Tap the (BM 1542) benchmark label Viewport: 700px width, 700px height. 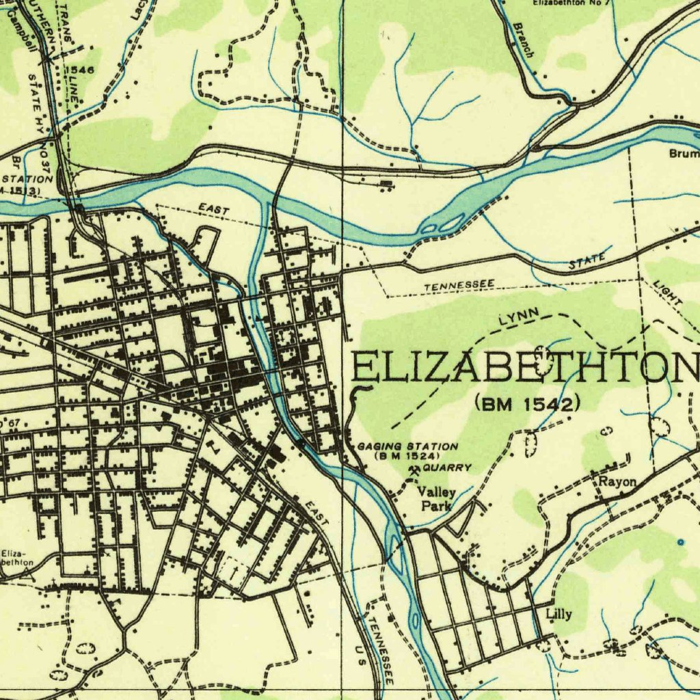pos(528,404)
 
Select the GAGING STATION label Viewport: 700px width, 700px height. pos(407,446)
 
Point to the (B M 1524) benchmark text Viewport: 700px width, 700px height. pos(407,455)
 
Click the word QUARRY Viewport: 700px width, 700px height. pos(447,468)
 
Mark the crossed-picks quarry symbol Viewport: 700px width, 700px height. pos(414,470)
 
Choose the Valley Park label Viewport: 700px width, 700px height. pos(436,499)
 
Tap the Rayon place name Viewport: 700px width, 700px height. pos(617,481)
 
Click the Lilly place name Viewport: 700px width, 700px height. pos(558,613)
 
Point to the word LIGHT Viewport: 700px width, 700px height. pos(667,292)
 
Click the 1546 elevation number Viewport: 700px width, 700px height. pos(81,70)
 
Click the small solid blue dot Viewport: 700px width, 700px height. pos(680,541)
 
